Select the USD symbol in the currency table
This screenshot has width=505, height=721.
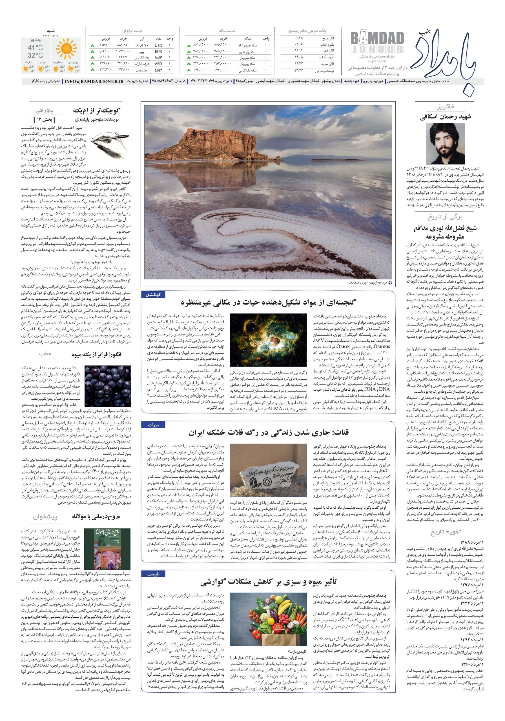click(x=158, y=45)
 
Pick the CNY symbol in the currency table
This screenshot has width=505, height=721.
click(x=158, y=70)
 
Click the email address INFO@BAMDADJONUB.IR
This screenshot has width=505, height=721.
click(x=94, y=81)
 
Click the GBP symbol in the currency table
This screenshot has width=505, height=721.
click(x=158, y=58)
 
